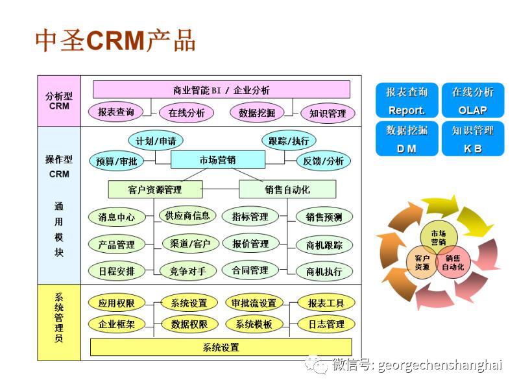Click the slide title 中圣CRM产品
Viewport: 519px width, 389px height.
[115, 40]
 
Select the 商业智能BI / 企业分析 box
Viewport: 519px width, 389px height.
[221, 89]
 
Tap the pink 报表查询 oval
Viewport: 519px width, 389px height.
[115, 112]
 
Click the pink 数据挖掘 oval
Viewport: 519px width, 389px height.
[256, 113]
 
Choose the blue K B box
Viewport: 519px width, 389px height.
[472, 139]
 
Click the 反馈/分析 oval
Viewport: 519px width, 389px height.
[323, 161]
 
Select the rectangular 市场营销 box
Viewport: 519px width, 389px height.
[217, 160]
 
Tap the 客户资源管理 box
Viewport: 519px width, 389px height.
[155, 189]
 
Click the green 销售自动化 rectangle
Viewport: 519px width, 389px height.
[287, 189]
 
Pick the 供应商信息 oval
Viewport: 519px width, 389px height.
[187, 216]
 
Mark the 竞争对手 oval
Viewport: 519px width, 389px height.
[187, 271]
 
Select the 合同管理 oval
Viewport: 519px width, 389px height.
[250, 270]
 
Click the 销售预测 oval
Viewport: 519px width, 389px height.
[324, 217]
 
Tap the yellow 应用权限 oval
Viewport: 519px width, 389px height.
[117, 303]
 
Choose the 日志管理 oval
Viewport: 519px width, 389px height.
[326, 324]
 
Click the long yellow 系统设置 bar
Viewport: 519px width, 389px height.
[221, 348]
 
